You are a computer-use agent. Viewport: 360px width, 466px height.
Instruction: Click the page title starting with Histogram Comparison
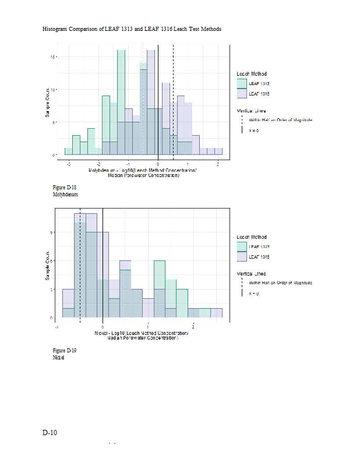tap(132, 29)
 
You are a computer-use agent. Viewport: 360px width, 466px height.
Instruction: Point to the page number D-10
tap(50, 433)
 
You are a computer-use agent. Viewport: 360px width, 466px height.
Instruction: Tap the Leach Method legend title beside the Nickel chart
tap(252, 237)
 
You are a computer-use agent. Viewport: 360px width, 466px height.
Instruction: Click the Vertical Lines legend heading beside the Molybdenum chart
tap(251, 109)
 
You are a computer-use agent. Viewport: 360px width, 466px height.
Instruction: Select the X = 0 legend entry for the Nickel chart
tap(253, 294)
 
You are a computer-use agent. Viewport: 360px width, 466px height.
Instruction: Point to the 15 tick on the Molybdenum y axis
tap(53, 57)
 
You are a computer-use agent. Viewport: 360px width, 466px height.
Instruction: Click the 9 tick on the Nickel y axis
tap(54, 232)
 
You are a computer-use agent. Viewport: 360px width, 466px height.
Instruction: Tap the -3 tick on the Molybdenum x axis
tap(69, 164)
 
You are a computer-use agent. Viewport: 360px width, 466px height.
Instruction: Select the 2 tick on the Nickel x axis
tap(193, 327)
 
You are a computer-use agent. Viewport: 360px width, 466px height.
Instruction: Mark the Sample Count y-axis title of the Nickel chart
tap(47, 266)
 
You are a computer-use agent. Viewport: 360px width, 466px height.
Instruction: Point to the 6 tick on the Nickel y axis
tap(54, 261)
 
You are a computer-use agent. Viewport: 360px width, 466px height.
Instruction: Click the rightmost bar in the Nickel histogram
tap(216, 313)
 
